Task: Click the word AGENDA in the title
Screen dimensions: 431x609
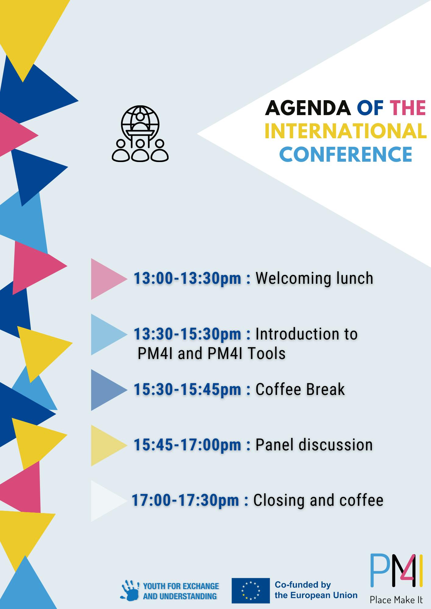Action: [x=308, y=108]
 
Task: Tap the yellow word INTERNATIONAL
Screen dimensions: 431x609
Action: [x=346, y=131]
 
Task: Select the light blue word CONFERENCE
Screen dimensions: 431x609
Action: [x=346, y=154]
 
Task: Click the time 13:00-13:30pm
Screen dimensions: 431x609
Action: [x=187, y=278]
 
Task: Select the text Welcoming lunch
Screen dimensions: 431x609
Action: [x=314, y=278]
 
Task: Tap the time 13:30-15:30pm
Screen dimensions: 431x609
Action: [x=187, y=334]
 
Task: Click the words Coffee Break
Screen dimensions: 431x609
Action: [x=300, y=389]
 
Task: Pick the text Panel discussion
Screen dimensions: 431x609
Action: [x=314, y=445]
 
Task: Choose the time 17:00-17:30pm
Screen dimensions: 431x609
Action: [x=185, y=500]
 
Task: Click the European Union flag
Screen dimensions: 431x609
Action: [x=251, y=590]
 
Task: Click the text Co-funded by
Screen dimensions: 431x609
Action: [x=303, y=585]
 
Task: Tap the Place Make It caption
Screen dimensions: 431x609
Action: [x=396, y=600]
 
